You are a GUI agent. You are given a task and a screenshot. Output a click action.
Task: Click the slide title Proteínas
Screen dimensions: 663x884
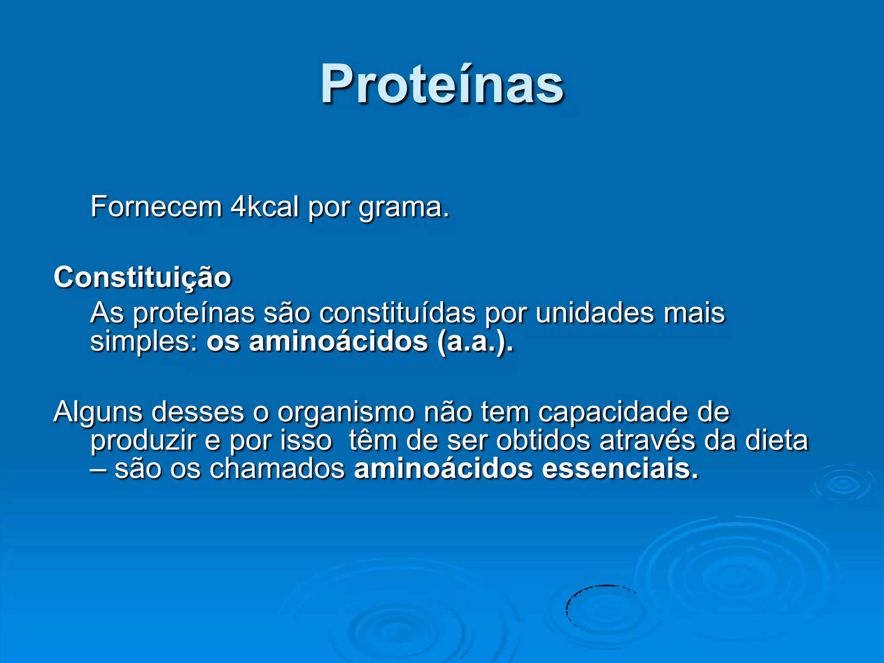(442, 84)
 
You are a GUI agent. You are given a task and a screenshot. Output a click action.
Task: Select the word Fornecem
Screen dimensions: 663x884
(156, 207)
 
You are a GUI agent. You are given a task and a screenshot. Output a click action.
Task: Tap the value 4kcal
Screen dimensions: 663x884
(265, 207)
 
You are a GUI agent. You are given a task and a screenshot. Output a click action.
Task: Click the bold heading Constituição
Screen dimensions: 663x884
(142, 277)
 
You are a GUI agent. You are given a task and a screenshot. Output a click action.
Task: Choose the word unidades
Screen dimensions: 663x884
(595, 313)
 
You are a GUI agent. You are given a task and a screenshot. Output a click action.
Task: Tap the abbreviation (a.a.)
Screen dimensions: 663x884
(475, 342)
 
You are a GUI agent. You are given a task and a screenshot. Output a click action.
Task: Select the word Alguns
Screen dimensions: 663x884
(98, 412)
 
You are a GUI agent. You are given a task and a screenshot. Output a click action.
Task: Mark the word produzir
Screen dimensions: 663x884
(142, 441)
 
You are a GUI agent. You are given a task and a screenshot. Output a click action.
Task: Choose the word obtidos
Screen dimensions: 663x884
(543, 441)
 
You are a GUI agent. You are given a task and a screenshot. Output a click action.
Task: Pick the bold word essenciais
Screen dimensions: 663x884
(620, 469)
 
